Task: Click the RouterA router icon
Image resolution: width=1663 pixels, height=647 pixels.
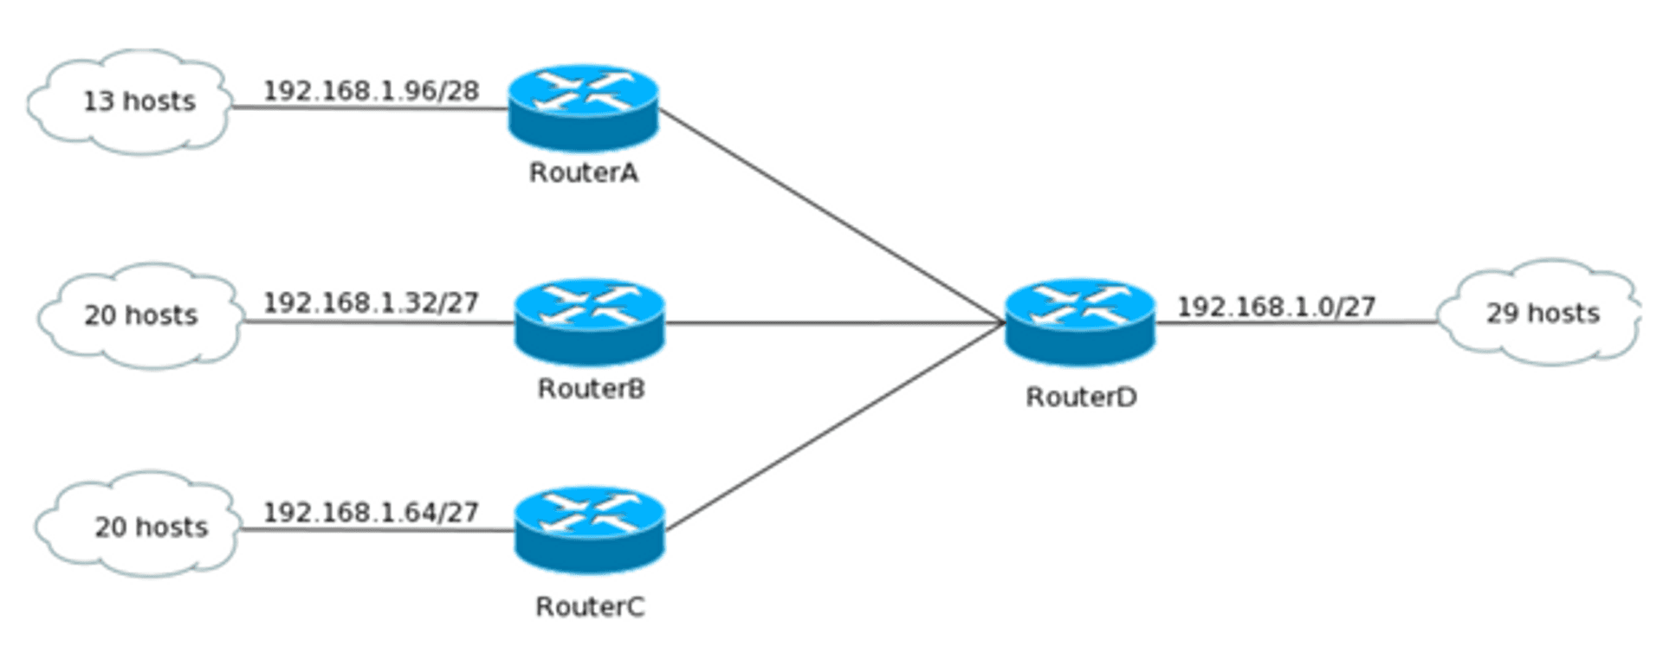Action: click(583, 107)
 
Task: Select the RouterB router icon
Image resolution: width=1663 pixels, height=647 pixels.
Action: click(590, 322)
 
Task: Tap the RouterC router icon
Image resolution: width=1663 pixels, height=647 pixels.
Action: click(590, 529)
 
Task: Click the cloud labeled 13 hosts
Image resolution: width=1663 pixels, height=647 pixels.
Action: click(130, 102)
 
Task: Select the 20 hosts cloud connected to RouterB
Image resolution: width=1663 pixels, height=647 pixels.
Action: click(139, 315)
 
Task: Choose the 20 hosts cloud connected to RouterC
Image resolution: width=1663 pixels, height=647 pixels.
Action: click(139, 526)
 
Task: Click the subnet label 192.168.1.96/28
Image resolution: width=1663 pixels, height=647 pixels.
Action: click(371, 91)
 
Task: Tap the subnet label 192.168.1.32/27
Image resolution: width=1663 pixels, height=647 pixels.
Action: click(371, 302)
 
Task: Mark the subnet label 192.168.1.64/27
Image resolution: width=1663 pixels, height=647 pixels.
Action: click(371, 513)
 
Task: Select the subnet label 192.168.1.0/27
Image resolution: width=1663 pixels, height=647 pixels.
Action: click(1276, 307)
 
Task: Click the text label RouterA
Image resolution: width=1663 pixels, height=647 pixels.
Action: click(584, 173)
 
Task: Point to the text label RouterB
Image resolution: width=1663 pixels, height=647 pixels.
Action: click(591, 389)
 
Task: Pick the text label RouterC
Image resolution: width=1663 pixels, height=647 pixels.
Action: click(590, 607)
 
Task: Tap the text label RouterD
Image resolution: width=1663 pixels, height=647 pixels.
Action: click(1081, 398)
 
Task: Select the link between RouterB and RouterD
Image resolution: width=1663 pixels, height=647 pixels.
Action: click(831, 323)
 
